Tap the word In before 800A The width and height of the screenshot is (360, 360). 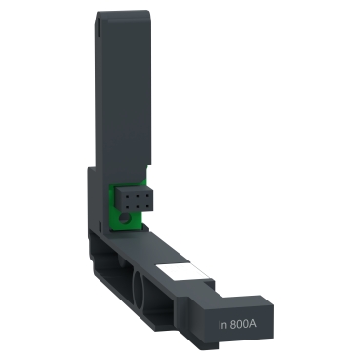click(x=223, y=320)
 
